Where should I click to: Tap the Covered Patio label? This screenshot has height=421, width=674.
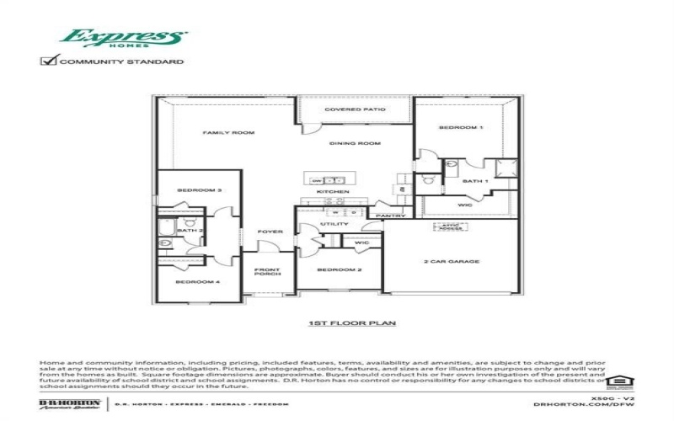(x=355, y=109)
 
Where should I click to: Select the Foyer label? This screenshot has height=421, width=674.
(x=270, y=232)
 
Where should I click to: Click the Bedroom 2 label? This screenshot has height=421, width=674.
(x=339, y=269)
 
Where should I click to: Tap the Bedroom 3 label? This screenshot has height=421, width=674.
(x=199, y=191)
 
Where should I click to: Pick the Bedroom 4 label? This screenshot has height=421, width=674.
(x=198, y=281)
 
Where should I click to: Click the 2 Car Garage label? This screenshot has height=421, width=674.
(x=451, y=262)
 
